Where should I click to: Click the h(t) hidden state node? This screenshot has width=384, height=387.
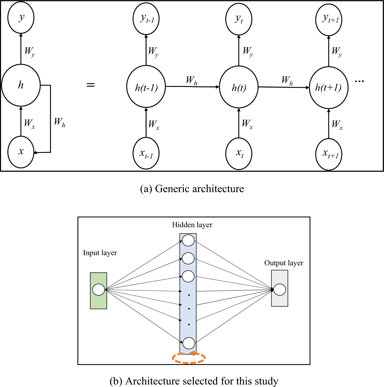[x=239, y=87]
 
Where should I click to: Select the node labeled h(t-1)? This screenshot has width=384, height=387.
[x=146, y=87]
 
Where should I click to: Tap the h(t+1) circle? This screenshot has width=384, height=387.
[x=329, y=88]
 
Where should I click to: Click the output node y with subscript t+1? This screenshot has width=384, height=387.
[x=329, y=20]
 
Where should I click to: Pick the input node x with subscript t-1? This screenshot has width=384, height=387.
[x=146, y=153]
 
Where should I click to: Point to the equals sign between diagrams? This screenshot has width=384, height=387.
[x=90, y=85]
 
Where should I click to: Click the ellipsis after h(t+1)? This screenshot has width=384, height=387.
[x=359, y=81]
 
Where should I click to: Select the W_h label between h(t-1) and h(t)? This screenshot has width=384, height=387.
[x=191, y=80]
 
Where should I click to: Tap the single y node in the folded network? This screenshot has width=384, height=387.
[x=21, y=18]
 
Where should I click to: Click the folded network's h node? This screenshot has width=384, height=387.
[x=21, y=85]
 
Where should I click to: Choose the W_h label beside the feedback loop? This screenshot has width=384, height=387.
[x=59, y=122]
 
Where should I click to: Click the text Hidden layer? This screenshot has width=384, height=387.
[x=192, y=225]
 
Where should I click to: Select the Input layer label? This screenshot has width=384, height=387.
[x=100, y=253]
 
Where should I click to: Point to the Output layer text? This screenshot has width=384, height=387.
[x=284, y=263]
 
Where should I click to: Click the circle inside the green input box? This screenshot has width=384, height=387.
[x=99, y=290]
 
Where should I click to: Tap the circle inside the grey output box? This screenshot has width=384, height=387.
[x=280, y=290]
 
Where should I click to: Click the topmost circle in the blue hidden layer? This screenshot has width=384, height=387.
[x=188, y=240]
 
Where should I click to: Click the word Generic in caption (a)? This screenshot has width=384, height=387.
[x=172, y=189]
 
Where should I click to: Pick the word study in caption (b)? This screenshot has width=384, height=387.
[x=266, y=381]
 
